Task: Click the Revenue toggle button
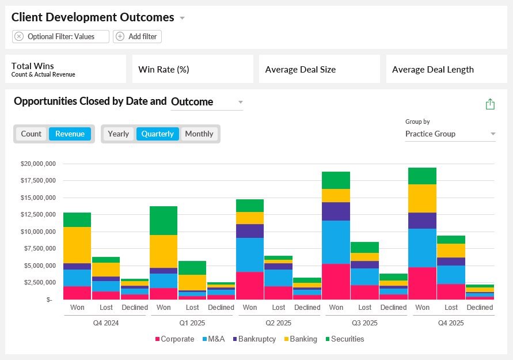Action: tap(70, 134)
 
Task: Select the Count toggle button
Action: tap(32, 134)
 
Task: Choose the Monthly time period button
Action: tap(199, 134)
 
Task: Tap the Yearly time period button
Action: tap(119, 134)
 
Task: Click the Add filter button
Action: tap(137, 36)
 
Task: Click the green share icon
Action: tap(490, 104)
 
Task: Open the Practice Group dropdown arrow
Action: tap(493, 134)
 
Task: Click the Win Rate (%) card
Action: tap(193, 69)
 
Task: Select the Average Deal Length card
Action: tap(447, 69)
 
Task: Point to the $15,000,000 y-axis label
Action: tap(38, 198)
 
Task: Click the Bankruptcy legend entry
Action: tap(254, 339)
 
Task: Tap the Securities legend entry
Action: tap(344, 339)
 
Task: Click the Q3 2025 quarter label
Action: tap(364, 323)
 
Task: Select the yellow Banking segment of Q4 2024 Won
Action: tap(77, 245)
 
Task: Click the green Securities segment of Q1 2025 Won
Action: tap(164, 221)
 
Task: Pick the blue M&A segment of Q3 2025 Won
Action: tap(336, 242)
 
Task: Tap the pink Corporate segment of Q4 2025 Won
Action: tap(423, 283)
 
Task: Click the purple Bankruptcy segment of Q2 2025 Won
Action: tap(250, 231)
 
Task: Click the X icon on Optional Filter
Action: tap(19, 36)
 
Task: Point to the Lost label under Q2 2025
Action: tap(279, 308)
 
